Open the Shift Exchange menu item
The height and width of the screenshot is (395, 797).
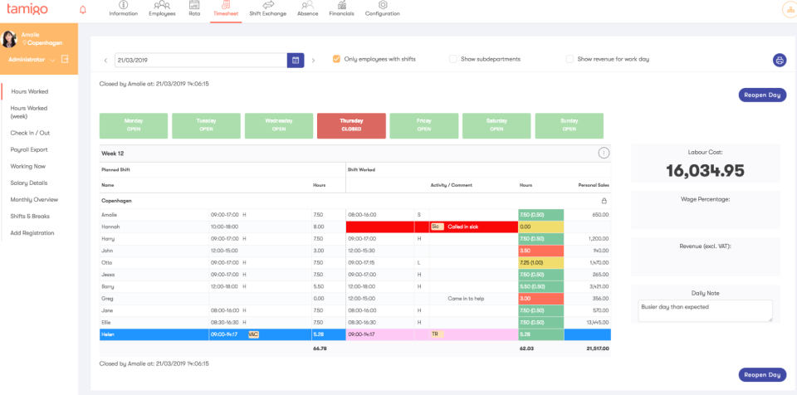267,9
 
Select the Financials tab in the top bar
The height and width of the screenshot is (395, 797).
342,9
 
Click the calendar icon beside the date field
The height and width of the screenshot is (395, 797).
295,60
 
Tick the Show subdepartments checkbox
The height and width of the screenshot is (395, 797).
453,59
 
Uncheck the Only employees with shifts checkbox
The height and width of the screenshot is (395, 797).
336,59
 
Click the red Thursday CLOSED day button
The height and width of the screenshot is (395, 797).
351,125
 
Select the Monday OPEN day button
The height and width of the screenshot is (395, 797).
134,125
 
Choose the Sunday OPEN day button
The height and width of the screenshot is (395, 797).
570,125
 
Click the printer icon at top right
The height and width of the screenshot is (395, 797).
779,60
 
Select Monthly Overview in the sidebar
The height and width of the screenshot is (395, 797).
34,199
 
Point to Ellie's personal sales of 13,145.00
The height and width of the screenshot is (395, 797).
597,322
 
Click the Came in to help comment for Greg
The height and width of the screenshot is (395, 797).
465,298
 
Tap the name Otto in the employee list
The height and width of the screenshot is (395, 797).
107,262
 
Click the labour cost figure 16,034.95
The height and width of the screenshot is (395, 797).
705,171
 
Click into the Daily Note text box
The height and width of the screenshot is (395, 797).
705,310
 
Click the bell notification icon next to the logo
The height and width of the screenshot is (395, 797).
82,10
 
